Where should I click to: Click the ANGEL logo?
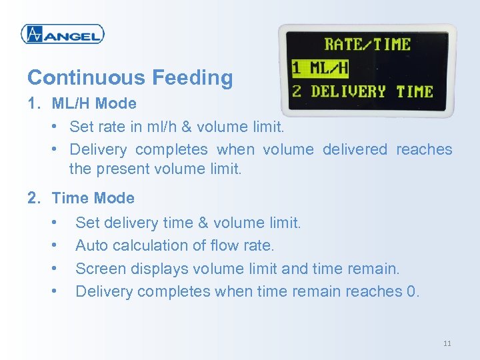[x=63, y=34]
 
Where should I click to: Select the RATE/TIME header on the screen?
[x=367, y=45]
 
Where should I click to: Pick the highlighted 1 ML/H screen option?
[x=321, y=67]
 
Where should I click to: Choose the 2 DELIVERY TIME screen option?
[x=363, y=91]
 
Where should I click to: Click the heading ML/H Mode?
[x=94, y=103]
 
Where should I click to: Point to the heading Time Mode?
[x=93, y=198]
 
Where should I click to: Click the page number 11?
[x=447, y=343]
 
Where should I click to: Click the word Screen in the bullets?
[x=98, y=269]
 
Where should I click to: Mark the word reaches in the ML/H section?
[x=424, y=149]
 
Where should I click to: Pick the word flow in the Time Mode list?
[x=223, y=245]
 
